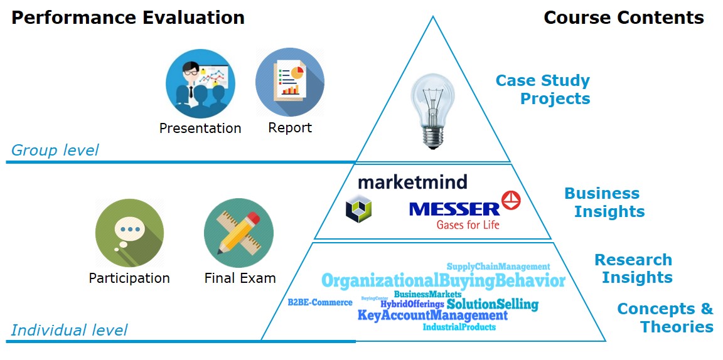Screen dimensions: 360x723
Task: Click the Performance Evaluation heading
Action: click(x=128, y=17)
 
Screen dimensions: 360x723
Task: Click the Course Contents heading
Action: click(x=623, y=17)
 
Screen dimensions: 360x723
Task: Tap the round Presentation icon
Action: click(x=200, y=83)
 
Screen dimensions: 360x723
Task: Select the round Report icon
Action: click(x=289, y=83)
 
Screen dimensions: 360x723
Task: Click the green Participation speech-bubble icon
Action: click(x=129, y=233)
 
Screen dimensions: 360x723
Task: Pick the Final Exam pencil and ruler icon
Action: click(x=238, y=233)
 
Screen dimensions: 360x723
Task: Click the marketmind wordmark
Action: click(x=412, y=183)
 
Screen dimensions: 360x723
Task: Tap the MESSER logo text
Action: click(x=454, y=208)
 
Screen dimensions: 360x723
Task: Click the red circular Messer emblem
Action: click(x=511, y=200)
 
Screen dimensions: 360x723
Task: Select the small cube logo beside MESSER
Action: click(x=358, y=208)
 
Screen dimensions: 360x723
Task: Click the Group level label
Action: click(x=55, y=151)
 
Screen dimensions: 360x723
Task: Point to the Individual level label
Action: click(x=69, y=330)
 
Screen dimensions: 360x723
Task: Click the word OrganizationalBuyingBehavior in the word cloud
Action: click(x=443, y=280)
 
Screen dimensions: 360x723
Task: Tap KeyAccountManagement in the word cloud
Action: click(x=432, y=315)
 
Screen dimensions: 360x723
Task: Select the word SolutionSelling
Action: click(x=492, y=305)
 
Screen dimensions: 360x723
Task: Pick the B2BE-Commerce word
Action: click(x=320, y=302)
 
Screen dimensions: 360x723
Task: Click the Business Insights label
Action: click(x=604, y=202)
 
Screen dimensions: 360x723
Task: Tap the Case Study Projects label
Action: click(x=543, y=90)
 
